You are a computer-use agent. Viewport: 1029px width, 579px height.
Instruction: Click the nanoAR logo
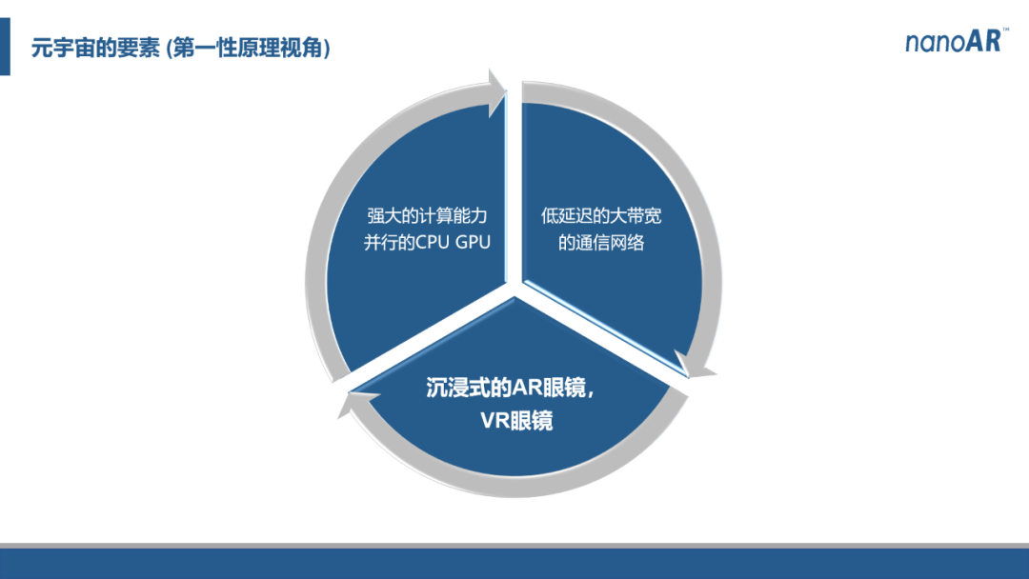coord(958,41)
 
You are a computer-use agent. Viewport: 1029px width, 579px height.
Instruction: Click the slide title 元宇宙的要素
coord(95,48)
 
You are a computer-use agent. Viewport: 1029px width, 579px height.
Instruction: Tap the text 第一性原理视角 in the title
coord(248,48)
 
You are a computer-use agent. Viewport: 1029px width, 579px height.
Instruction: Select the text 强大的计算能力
coord(427,216)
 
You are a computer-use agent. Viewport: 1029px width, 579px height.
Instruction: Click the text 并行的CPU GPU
coord(427,243)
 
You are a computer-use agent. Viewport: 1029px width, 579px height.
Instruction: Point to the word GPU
coord(473,243)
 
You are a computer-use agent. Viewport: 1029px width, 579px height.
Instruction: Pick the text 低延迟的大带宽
coord(601,216)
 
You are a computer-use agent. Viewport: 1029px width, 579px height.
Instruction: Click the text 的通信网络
coord(601,243)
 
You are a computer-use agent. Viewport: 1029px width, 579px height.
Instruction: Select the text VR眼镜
coord(516,420)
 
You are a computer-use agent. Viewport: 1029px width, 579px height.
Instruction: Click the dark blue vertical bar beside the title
coord(6,47)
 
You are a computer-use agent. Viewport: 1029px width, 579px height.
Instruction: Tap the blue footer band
coord(514,564)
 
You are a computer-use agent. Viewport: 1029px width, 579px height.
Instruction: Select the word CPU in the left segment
coord(433,243)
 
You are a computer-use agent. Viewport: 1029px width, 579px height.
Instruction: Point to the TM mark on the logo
coord(1006,30)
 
